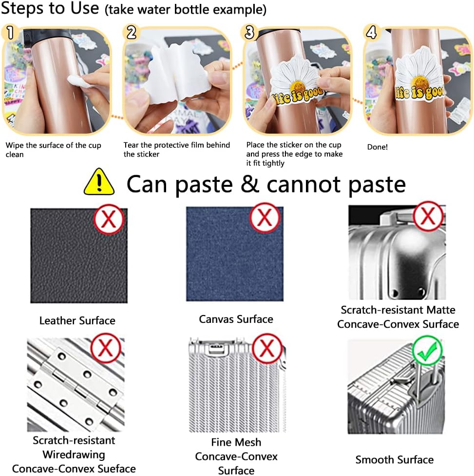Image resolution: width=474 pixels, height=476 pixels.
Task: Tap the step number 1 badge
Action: (10, 33)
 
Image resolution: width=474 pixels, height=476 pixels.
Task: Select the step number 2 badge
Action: (131, 33)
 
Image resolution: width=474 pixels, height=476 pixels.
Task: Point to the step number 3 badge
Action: (249, 32)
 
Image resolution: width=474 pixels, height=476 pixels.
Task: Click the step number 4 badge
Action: (371, 32)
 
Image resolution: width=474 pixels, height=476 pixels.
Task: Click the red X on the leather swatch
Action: (109, 219)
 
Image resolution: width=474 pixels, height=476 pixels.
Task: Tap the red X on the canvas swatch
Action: (265, 218)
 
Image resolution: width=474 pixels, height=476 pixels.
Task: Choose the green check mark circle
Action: (427, 351)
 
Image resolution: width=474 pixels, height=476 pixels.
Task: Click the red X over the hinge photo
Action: (106, 348)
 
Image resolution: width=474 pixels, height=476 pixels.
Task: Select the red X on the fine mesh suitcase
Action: (267, 348)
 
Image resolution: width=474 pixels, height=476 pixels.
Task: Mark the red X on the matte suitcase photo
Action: (428, 216)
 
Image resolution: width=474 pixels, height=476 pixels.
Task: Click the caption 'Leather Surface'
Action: (77, 320)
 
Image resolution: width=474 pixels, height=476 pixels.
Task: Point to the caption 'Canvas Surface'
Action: (236, 319)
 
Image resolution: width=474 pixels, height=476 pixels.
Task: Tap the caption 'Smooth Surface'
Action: (395, 459)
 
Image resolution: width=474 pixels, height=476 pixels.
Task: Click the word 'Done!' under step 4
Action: (377, 147)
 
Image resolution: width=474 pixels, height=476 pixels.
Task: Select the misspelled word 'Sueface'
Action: (117, 468)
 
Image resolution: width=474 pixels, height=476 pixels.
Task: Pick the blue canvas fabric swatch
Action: (235, 254)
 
